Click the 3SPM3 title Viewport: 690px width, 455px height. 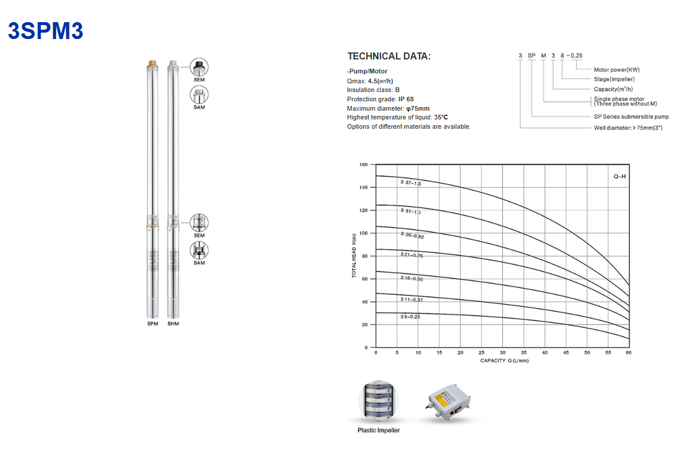(46, 31)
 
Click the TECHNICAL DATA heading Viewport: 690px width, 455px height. (389, 57)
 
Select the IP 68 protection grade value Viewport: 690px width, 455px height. (406, 99)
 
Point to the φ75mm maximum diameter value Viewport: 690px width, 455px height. (418, 108)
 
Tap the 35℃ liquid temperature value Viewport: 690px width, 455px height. (441, 117)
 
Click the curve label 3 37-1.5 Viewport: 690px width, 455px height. (411, 182)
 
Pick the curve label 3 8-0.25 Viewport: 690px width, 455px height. (410, 316)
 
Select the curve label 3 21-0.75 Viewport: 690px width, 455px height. (411, 255)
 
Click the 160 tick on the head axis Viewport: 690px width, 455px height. (364, 164)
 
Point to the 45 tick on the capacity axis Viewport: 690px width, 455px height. (566, 352)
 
